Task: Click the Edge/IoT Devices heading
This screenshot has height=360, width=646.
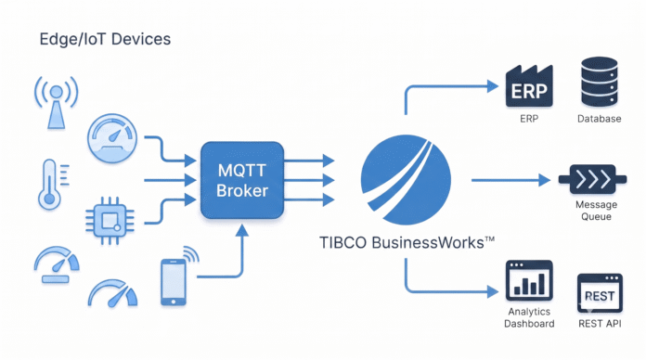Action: [x=105, y=39]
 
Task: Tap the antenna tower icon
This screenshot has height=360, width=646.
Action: [x=57, y=103]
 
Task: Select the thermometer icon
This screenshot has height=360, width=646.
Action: [x=52, y=184]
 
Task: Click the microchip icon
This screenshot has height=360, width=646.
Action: [x=110, y=221]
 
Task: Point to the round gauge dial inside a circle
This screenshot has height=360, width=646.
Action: [x=112, y=138]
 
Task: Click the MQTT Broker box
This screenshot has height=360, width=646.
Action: [x=242, y=180]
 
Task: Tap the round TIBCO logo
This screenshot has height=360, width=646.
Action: [x=406, y=180]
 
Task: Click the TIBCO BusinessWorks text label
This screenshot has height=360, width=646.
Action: [x=407, y=242]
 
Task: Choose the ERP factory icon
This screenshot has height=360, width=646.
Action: [x=529, y=86]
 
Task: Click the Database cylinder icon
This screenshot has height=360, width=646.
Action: [x=600, y=82]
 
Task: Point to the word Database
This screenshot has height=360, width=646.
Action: [x=599, y=119]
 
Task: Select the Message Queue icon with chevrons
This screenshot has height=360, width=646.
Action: [x=592, y=180]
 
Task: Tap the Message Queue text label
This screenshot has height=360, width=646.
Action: [x=596, y=211]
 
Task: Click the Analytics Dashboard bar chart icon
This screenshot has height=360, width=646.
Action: [x=529, y=280]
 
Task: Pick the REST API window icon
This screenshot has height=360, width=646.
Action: [x=600, y=293]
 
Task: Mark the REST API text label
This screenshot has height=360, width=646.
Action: [x=600, y=324]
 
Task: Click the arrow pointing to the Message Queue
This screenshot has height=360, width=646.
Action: [x=510, y=180]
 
